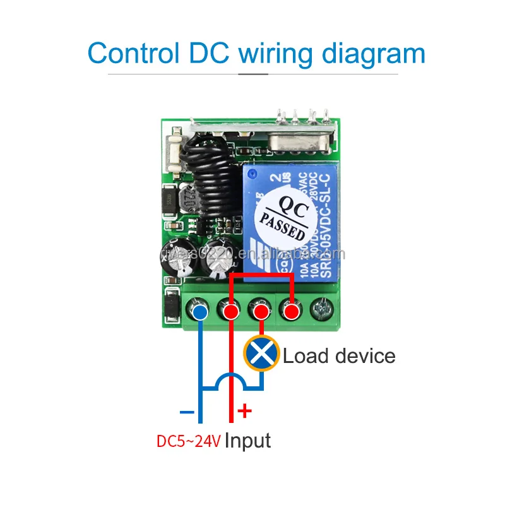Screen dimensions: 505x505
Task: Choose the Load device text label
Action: coord(339,355)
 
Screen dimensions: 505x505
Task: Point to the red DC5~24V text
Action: coord(189,441)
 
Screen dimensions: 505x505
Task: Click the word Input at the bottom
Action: coord(248,440)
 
